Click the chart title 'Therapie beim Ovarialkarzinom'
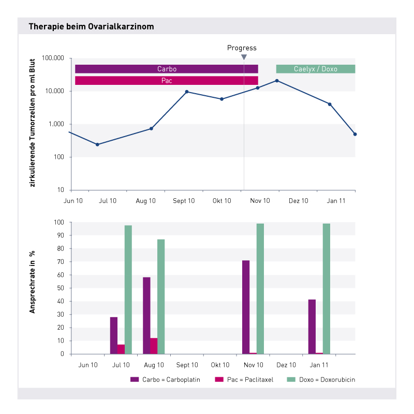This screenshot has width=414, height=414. [x=92, y=27]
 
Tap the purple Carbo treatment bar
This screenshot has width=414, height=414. [x=167, y=69]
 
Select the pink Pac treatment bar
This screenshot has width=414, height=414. [x=167, y=81]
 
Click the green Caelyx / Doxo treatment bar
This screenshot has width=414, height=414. [x=316, y=69]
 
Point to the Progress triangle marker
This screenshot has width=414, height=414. [x=244, y=57]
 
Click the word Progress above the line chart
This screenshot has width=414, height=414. [x=242, y=48]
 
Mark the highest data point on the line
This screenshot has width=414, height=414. [x=277, y=81]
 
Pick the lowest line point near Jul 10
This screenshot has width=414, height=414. [x=97, y=144]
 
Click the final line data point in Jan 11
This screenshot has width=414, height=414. [x=355, y=134]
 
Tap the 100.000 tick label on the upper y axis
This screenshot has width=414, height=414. [x=53, y=58]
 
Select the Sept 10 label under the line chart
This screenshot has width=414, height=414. [x=184, y=201]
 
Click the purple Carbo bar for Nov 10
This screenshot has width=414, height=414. [x=246, y=307]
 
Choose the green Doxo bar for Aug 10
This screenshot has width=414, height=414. [x=161, y=297]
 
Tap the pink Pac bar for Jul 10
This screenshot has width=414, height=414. [x=121, y=349]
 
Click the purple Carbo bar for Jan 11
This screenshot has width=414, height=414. [x=312, y=327]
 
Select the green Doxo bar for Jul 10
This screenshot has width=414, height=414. [x=128, y=289]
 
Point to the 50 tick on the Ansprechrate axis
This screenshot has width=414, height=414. [x=61, y=288]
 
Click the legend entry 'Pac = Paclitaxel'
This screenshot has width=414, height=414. [x=244, y=379]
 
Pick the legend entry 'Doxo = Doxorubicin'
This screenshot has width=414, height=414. [x=321, y=379]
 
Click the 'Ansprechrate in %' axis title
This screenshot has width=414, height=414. [x=32, y=282]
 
